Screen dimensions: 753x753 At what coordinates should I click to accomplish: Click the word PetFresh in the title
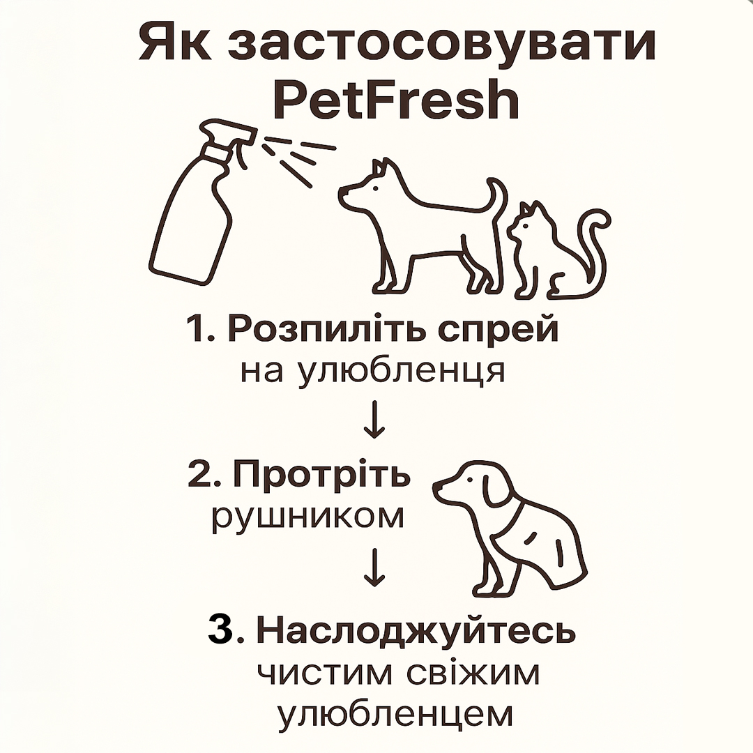coord(396,100)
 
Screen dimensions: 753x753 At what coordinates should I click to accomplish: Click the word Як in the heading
coord(175,43)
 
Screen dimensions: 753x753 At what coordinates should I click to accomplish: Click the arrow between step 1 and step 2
coord(374,419)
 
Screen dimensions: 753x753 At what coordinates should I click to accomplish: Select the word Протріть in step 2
coord(321,475)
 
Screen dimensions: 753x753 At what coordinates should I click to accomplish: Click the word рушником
coord(308,517)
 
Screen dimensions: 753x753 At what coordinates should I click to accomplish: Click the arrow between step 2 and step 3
coord(374,567)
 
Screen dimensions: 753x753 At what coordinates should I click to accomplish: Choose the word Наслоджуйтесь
coord(416,630)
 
